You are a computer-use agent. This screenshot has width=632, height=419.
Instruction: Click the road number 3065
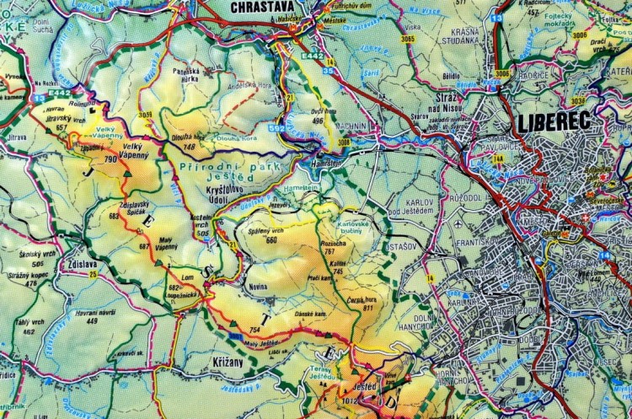[409, 40]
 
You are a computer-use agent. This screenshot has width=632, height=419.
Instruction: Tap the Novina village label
[258, 287]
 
